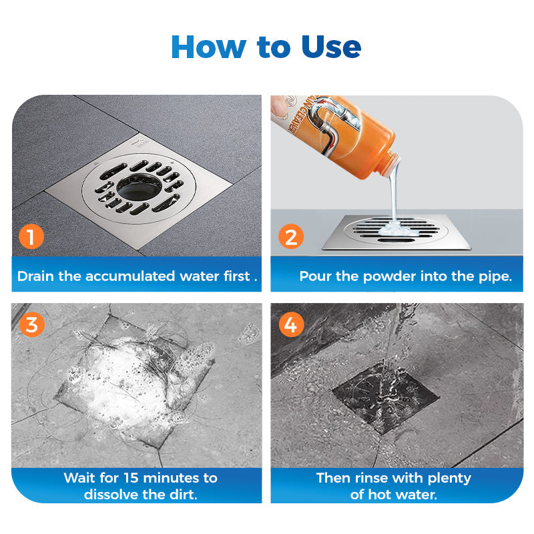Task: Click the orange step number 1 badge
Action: (x=31, y=236)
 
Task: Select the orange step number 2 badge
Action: (x=290, y=236)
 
